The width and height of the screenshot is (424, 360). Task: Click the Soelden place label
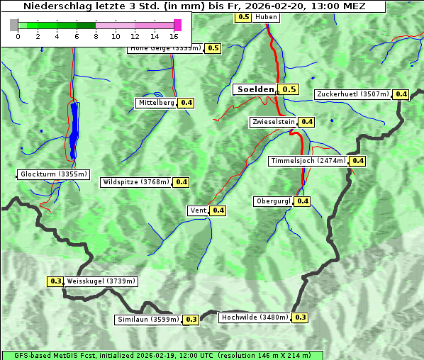click(255, 89)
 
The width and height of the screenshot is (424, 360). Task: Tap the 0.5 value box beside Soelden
click(289, 89)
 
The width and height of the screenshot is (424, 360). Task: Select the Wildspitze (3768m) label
click(136, 182)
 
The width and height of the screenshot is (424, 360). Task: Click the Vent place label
click(198, 210)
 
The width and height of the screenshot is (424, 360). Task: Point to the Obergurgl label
click(273, 201)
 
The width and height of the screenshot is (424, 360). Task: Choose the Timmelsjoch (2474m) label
click(308, 161)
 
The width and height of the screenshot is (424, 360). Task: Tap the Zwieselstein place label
click(273, 122)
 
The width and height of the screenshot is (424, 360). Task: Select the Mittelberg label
click(157, 103)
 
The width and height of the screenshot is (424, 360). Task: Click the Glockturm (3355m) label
click(53, 174)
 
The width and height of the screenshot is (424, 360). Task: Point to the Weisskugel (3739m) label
click(101, 281)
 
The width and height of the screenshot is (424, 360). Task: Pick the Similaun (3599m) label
click(148, 320)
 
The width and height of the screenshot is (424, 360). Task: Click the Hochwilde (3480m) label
click(255, 317)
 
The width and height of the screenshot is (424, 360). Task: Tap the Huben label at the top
click(266, 16)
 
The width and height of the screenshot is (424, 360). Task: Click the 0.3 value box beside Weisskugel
click(56, 281)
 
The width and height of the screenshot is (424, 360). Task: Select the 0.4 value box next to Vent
click(218, 210)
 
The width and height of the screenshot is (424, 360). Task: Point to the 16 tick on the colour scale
click(174, 35)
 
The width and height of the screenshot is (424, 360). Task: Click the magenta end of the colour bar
click(177, 25)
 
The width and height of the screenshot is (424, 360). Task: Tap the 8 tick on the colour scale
click(96, 35)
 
